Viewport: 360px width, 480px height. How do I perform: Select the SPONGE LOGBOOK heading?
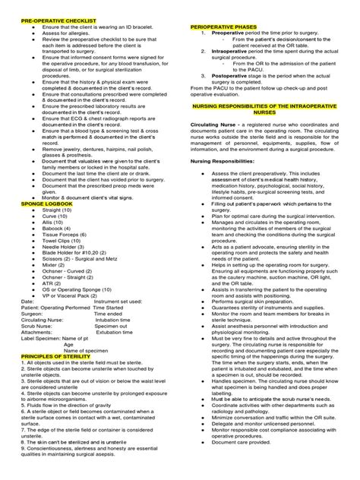(46, 226)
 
